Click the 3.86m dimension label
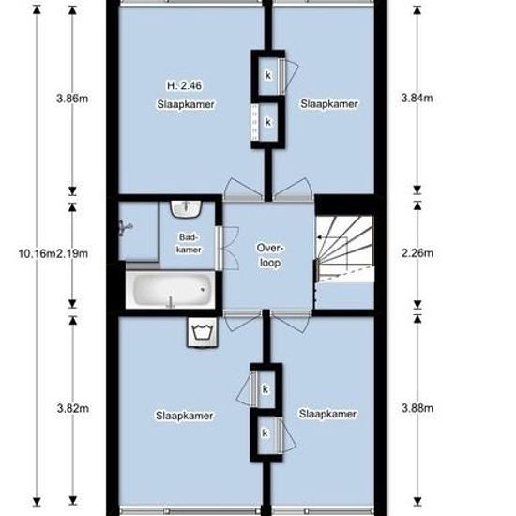click(x=74, y=98)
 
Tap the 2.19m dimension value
click(x=74, y=250)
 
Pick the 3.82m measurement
click(x=74, y=409)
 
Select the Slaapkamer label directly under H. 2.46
click(x=186, y=104)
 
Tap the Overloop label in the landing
click(x=270, y=254)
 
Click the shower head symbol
click(x=128, y=226)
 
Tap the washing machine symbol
click(x=202, y=330)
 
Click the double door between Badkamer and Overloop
click(x=221, y=246)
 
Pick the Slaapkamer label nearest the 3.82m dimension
click(x=186, y=416)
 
